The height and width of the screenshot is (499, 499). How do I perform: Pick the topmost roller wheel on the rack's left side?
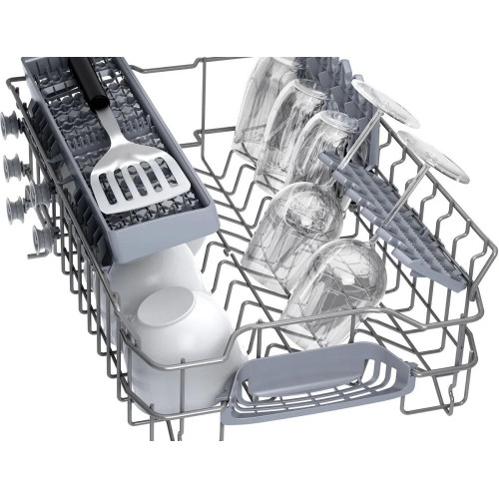click(x=11, y=128)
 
